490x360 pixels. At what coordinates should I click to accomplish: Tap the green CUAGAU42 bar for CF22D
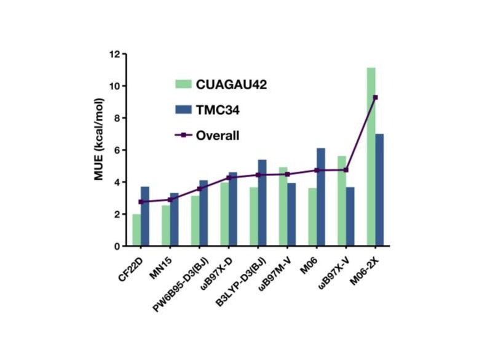tap(136, 230)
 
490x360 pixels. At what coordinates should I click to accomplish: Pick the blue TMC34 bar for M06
tap(321, 197)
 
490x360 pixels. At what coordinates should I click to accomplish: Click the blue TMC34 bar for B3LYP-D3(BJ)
tap(263, 203)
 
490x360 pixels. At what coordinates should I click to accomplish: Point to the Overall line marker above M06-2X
tap(375, 97)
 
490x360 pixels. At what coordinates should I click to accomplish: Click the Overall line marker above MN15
tap(170, 200)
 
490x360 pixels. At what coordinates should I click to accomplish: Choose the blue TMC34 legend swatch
tap(183, 110)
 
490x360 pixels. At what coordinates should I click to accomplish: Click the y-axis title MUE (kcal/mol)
tap(98, 150)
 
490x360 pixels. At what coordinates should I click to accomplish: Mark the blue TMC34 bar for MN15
tap(174, 220)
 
